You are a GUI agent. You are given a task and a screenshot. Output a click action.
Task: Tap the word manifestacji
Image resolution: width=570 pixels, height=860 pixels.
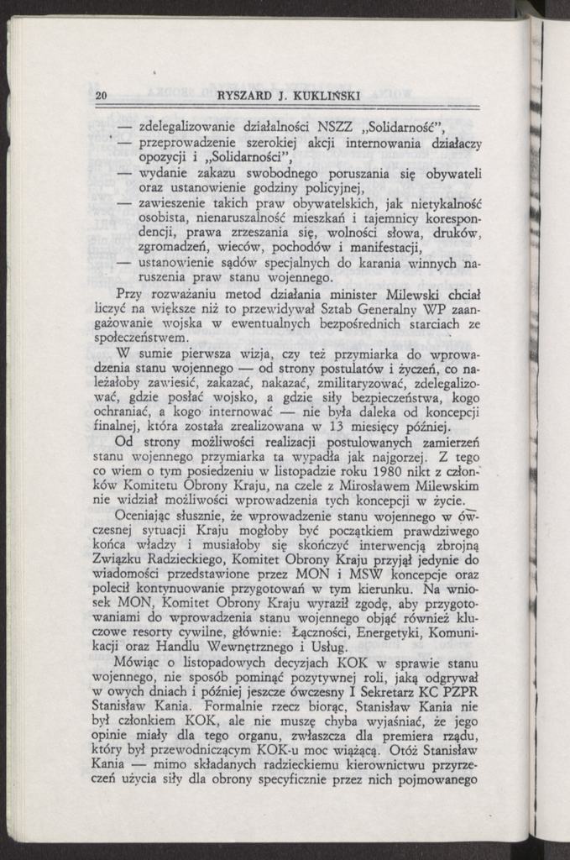click(x=377, y=247)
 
